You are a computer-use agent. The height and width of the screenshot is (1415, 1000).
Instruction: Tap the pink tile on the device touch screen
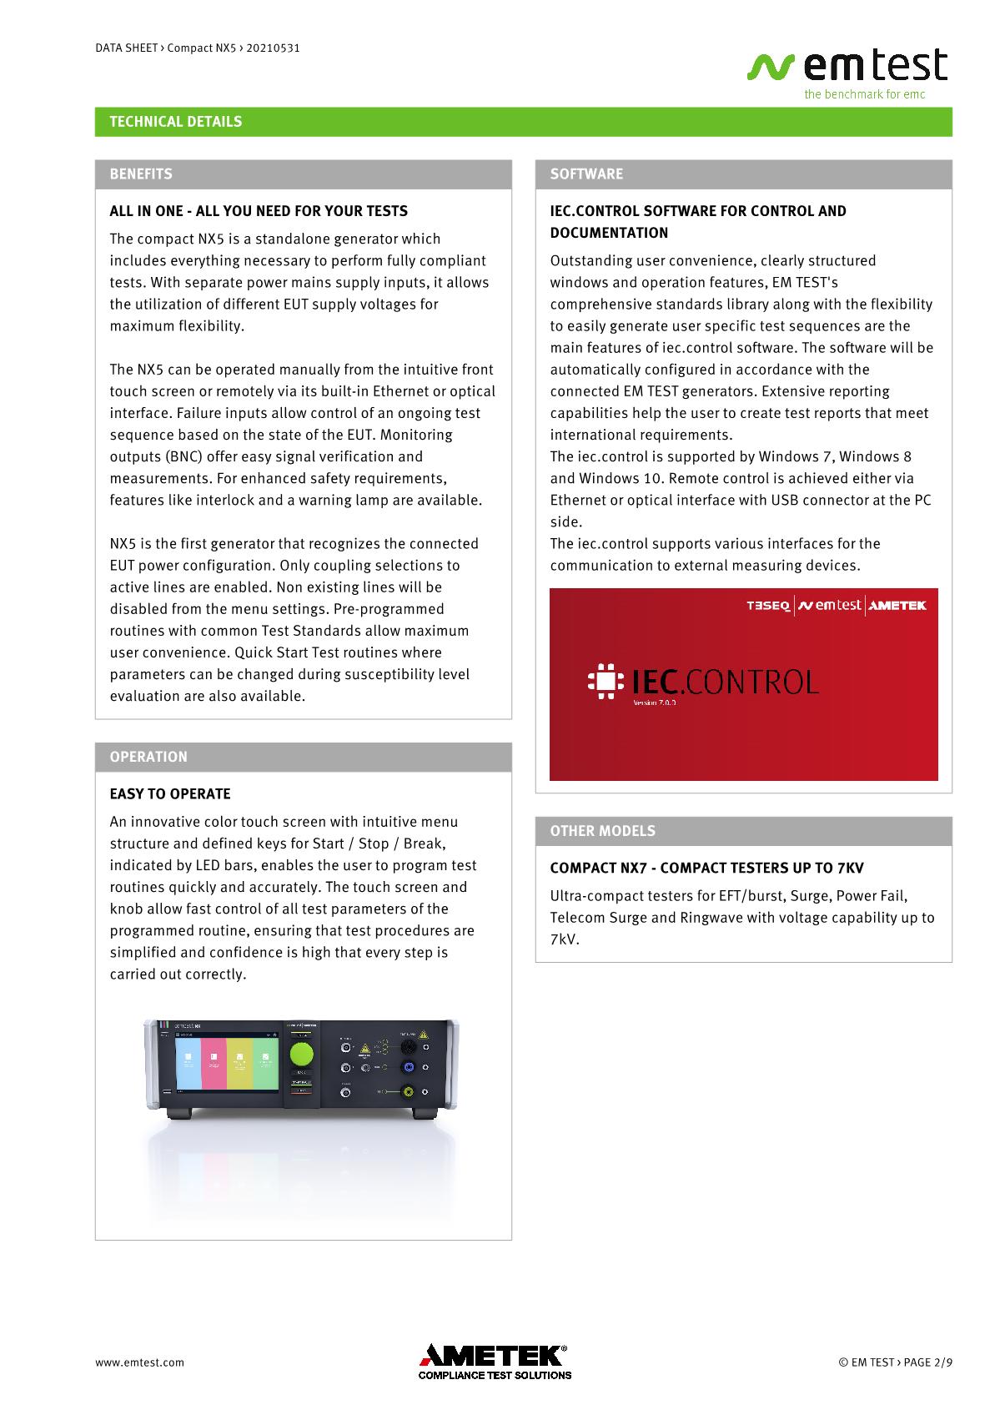(214, 1062)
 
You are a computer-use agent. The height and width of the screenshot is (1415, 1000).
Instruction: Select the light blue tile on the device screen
(188, 1062)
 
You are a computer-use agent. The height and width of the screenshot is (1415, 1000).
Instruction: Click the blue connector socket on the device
(409, 1068)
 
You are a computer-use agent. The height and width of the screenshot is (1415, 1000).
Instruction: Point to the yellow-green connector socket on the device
(409, 1091)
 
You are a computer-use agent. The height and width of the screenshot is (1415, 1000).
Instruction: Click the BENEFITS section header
(141, 174)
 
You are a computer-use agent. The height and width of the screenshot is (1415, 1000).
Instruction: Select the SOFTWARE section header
(586, 174)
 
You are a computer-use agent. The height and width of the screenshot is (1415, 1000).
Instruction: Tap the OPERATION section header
(148, 758)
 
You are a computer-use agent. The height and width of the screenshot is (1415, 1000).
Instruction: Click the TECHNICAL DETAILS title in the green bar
(176, 122)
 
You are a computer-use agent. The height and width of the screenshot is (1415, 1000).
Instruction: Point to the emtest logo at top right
(848, 67)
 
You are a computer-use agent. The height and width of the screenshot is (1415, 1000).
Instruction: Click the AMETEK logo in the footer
(495, 1357)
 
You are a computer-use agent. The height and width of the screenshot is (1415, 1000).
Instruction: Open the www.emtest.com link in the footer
(139, 1362)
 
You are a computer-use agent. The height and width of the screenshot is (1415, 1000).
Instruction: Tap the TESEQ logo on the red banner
(768, 606)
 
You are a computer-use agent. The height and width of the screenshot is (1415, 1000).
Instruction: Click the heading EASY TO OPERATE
(170, 794)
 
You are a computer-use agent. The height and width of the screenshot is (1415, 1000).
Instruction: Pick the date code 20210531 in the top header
(273, 48)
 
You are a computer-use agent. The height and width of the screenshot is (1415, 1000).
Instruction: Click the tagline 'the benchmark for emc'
(864, 94)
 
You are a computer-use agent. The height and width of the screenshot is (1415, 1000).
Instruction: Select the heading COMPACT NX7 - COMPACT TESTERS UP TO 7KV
(706, 868)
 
